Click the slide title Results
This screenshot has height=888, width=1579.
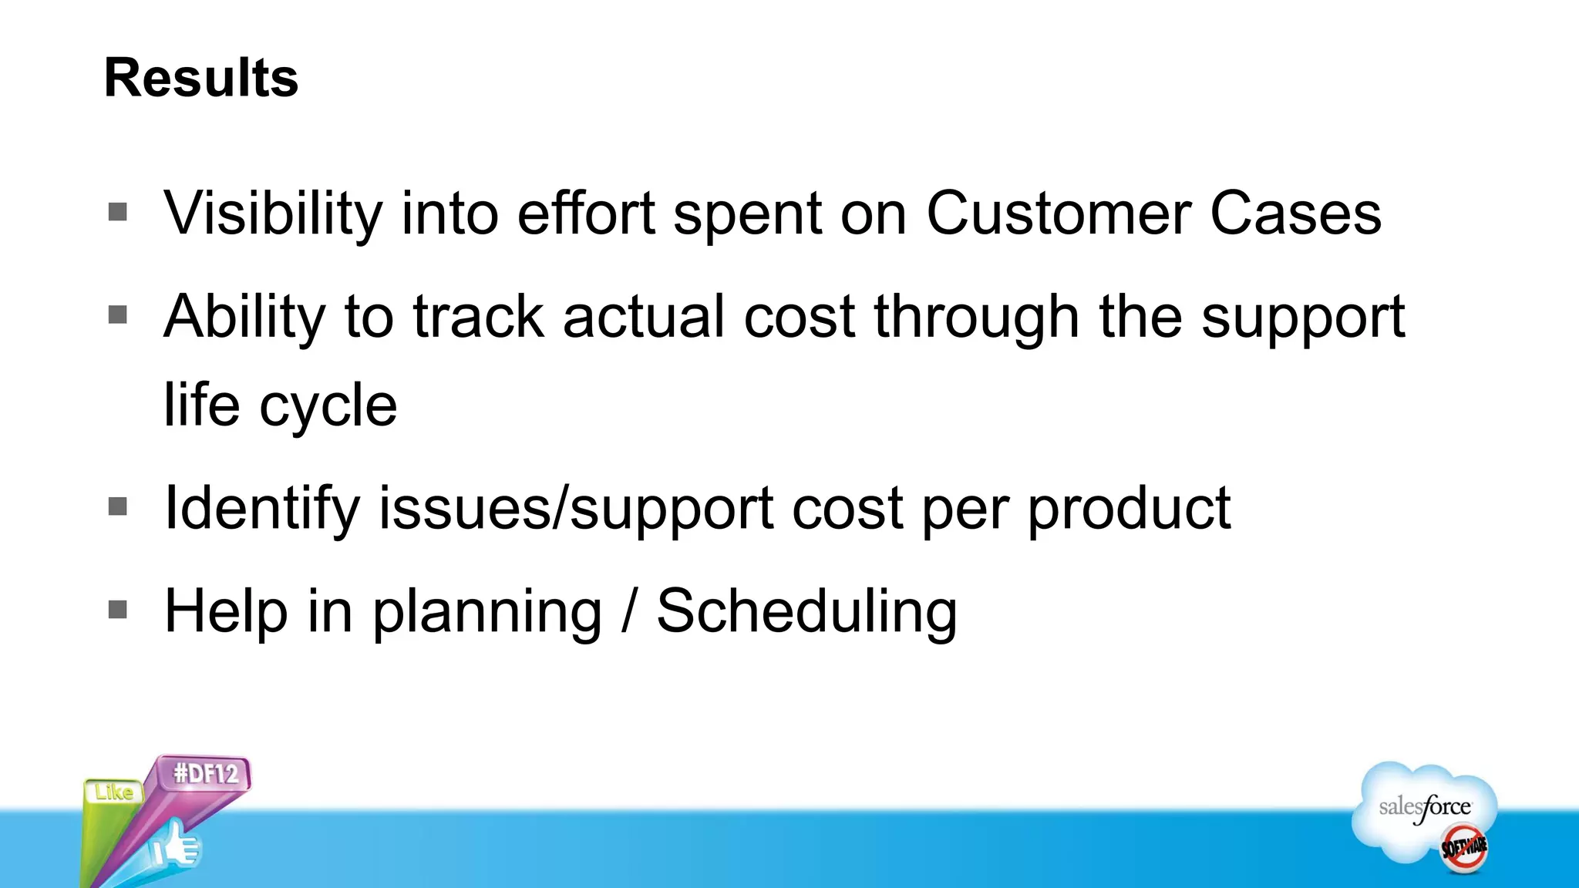(x=200, y=78)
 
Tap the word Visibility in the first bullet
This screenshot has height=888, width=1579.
(x=273, y=214)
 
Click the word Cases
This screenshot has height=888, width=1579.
(x=1295, y=214)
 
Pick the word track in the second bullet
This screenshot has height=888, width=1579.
(x=479, y=318)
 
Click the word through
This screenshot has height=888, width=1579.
(x=976, y=318)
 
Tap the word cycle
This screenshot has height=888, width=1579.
(x=328, y=405)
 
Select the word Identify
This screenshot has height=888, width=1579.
(x=262, y=509)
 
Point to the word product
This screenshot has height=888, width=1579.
(x=1129, y=509)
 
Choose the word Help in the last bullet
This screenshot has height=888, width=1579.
(x=227, y=611)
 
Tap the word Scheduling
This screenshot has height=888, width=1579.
(x=806, y=611)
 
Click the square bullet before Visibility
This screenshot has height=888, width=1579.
(x=118, y=211)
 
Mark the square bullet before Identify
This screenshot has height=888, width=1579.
(x=118, y=506)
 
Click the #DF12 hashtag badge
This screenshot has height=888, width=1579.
(x=206, y=773)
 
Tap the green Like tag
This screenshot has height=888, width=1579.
(x=114, y=792)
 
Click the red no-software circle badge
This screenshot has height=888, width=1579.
(x=1464, y=848)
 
